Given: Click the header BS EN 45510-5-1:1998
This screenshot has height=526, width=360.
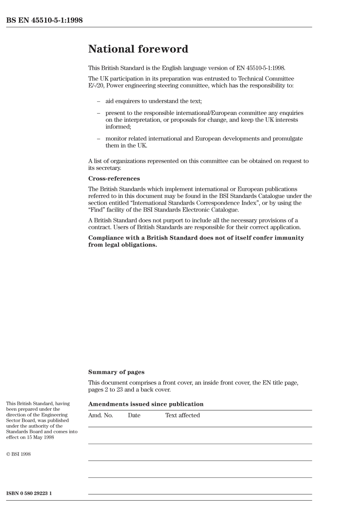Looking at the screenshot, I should pyautogui.click(x=44, y=20).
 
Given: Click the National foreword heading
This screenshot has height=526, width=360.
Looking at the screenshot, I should pyautogui.click(x=138, y=49).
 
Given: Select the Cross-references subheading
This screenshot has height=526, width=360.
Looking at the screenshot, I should pyautogui.click(x=114, y=179).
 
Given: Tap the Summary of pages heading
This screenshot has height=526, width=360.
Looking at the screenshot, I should pyautogui.click(x=116, y=372).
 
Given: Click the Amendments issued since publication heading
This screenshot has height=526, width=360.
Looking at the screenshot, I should pyautogui.click(x=146, y=404).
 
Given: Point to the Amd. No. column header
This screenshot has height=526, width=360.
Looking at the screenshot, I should pyautogui.click(x=100, y=415).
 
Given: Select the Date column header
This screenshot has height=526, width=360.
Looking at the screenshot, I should pyautogui.click(x=134, y=415).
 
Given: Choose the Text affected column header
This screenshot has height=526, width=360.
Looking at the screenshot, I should pyautogui.click(x=182, y=415).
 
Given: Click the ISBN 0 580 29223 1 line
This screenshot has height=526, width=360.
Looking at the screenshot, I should pyautogui.click(x=29, y=493).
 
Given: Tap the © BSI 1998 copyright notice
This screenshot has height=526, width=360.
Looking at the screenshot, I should pyautogui.click(x=18, y=454).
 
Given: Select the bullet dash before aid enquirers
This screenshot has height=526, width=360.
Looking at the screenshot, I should pyautogui.click(x=99, y=101).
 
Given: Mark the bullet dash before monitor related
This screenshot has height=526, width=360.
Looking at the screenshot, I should pyautogui.click(x=99, y=139).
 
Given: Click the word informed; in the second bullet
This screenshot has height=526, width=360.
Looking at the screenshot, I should pyautogui.click(x=118, y=127).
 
